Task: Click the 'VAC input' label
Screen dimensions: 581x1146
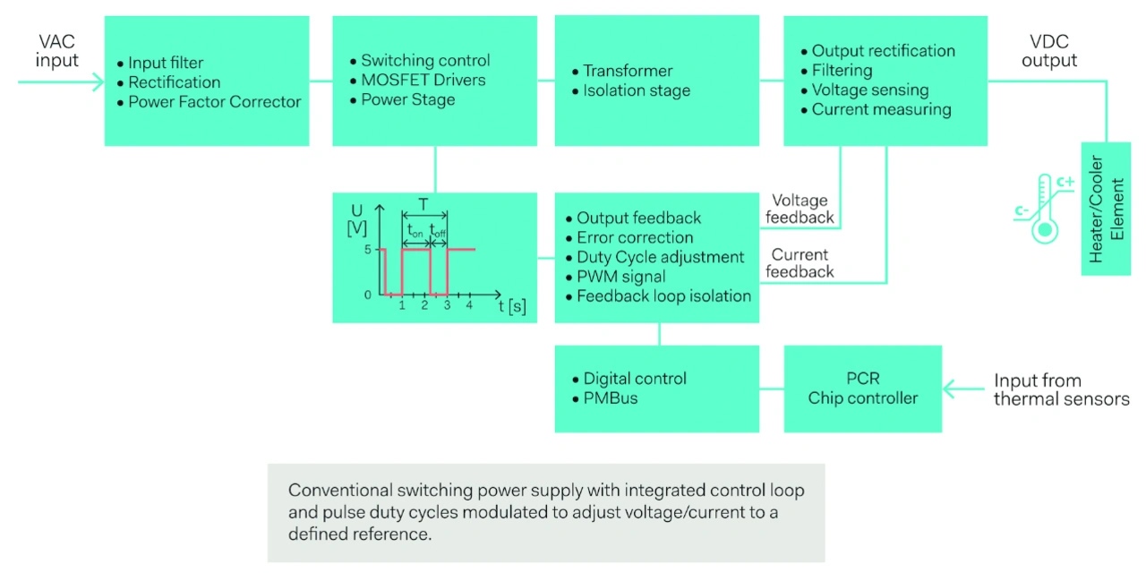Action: tap(57, 51)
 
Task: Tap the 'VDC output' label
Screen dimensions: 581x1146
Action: tap(1049, 51)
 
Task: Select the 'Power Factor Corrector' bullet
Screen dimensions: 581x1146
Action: tap(214, 102)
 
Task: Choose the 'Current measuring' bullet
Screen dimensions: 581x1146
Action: tap(881, 110)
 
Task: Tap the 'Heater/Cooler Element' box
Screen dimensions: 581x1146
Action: tap(1106, 209)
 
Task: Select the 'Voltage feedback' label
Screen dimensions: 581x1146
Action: tap(799, 209)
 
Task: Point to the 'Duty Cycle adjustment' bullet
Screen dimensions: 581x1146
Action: tap(660, 257)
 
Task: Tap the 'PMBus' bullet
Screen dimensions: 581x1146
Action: tap(610, 398)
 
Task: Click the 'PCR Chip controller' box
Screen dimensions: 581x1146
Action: tap(863, 389)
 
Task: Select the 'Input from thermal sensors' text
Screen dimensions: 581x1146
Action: tap(1061, 389)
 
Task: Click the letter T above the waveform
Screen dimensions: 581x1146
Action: tap(423, 204)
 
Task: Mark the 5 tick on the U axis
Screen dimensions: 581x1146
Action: tap(369, 250)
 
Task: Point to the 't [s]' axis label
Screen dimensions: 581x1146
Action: tap(512, 307)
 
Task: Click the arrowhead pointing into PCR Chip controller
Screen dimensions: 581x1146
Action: tap(950, 389)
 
